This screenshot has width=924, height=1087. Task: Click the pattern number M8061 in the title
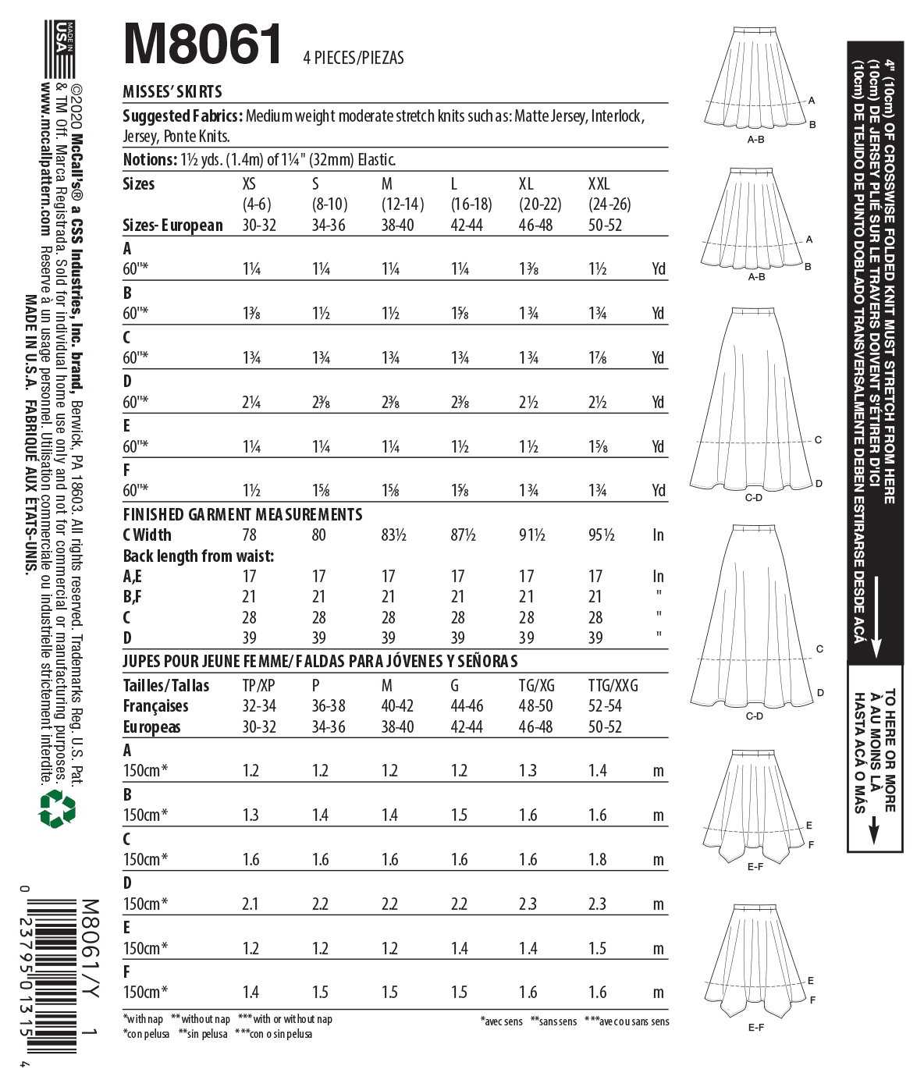point(203,44)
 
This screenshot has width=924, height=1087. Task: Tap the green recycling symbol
point(57,808)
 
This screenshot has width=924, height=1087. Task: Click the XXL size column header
point(599,184)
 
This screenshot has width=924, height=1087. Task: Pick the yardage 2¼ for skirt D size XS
point(251,403)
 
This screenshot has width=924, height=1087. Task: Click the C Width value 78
point(249,535)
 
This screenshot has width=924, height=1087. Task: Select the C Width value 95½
point(601,535)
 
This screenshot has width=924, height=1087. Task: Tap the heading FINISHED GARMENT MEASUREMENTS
point(243,515)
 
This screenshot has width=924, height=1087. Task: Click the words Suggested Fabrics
point(182,116)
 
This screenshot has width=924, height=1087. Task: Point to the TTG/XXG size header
point(613,686)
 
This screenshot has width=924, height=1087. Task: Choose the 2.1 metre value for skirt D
point(251,904)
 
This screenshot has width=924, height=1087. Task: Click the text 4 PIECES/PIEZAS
point(354,58)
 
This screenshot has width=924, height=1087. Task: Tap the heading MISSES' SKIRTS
point(172,92)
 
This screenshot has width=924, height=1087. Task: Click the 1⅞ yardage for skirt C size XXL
point(598,358)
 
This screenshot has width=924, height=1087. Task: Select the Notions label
point(150,160)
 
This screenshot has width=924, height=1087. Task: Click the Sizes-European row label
point(172,226)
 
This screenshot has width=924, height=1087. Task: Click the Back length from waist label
point(198,556)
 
